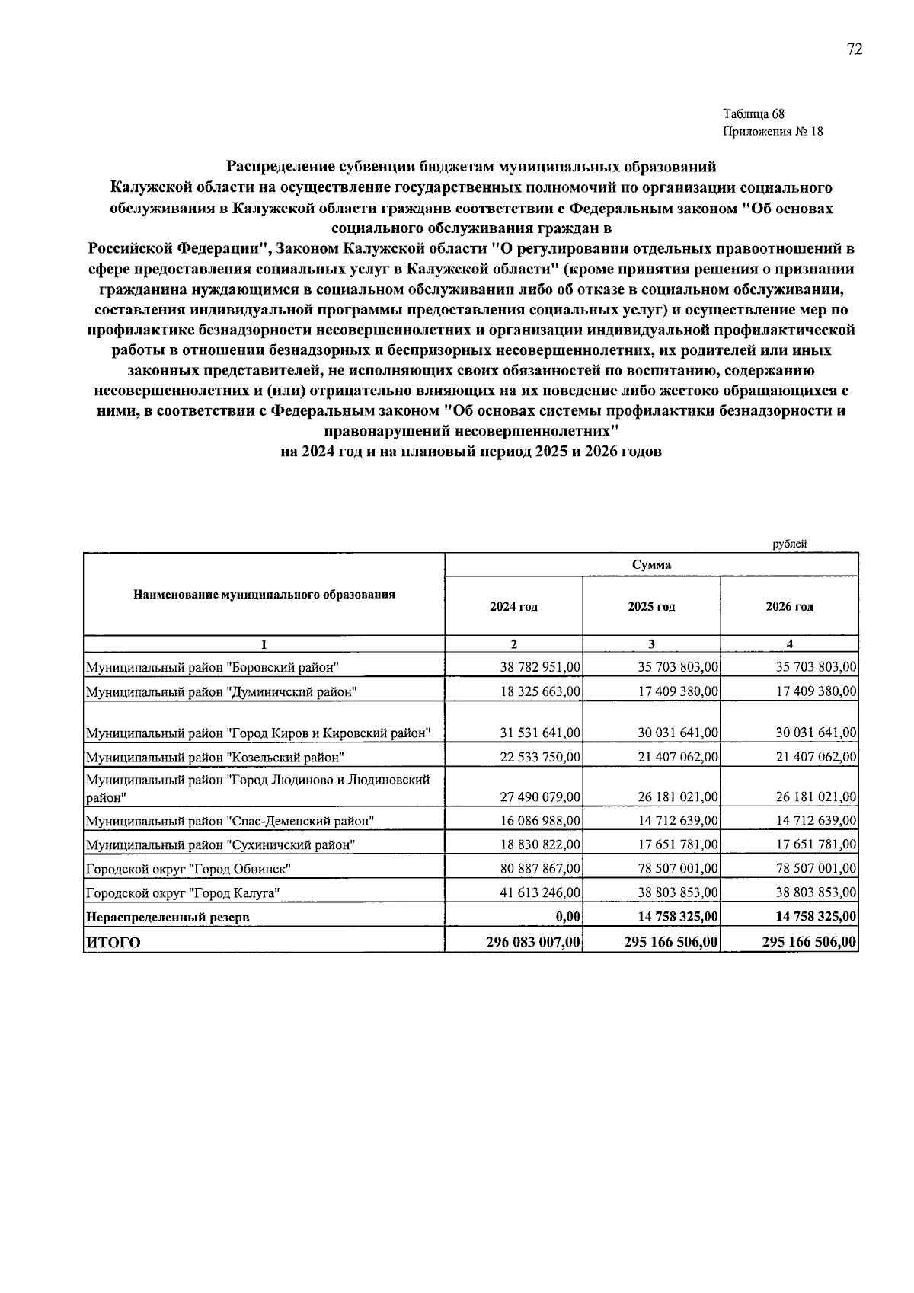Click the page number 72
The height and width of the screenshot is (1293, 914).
pos(854,49)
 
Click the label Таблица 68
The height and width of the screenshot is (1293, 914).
pos(753,114)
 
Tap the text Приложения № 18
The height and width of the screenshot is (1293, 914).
pos(772,131)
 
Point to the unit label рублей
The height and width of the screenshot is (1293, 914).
pos(789,543)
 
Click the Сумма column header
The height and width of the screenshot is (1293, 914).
pos(651,564)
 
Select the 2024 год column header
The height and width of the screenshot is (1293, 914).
pos(513,607)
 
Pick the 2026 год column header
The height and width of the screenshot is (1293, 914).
pos(789,607)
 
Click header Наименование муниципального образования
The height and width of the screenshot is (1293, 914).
pos(264,594)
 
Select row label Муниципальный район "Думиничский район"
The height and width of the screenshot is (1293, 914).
pos(221,692)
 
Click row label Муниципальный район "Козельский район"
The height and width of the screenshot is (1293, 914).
pos(215,758)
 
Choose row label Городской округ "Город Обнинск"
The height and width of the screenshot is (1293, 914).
pos(188,869)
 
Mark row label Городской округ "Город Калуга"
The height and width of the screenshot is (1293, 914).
pos(183,892)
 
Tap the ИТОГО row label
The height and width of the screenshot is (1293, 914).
pos(113,943)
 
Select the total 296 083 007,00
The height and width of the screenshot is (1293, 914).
pos(534,942)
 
